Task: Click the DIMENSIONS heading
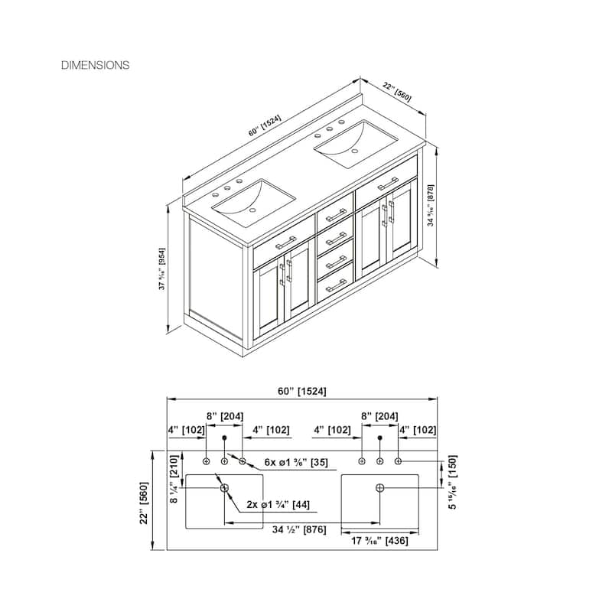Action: (x=95, y=65)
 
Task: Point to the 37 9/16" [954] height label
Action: (x=162, y=269)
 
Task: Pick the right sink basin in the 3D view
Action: (x=356, y=142)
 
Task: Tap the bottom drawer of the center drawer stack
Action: (x=336, y=284)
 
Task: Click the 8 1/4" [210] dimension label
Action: (x=174, y=478)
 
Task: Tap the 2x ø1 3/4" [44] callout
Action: (x=278, y=505)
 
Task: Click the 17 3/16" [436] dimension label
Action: (x=380, y=540)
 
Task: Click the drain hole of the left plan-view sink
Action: (x=225, y=487)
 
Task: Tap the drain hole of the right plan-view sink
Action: (x=380, y=487)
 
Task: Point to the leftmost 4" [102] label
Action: (x=187, y=430)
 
